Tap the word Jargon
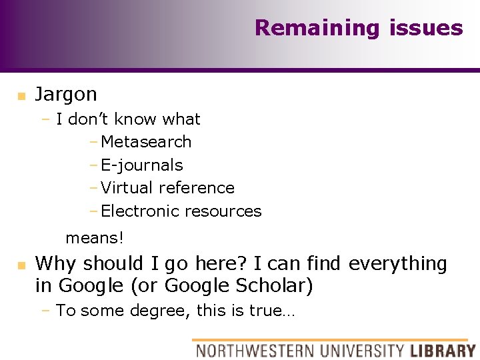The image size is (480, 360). pyautogui.click(x=66, y=94)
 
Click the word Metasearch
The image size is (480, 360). pyautogui.click(x=146, y=142)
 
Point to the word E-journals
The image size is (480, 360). pyautogui.click(x=141, y=165)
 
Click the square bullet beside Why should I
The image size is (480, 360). pyautogui.click(x=21, y=265)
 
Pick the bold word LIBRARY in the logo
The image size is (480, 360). pyautogui.click(x=443, y=350)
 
